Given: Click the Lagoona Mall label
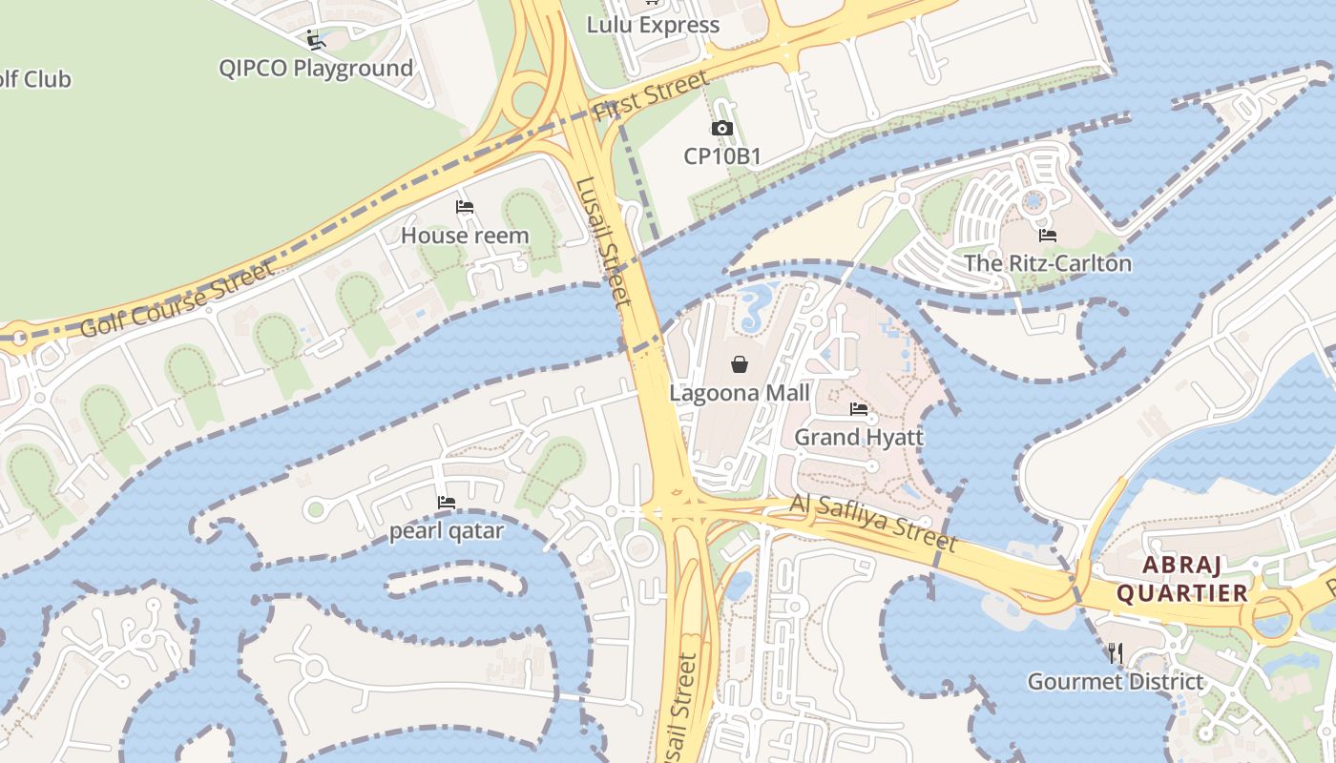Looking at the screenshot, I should click(739, 393).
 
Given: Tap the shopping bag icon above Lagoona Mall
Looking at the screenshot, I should click(739, 364).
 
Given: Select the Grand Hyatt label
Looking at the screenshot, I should click(859, 438).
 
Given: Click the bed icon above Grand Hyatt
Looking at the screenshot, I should click(859, 409).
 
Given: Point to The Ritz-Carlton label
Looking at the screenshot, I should click(1047, 263).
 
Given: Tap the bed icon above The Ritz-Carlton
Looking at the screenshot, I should click(1047, 235).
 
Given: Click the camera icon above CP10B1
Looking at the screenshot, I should click(722, 128).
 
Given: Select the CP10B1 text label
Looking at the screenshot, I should click(722, 156).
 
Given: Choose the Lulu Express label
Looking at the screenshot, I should click(653, 25).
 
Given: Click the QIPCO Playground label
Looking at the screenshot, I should click(316, 69).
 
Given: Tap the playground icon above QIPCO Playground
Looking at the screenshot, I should click(316, 40).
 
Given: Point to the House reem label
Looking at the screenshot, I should click(465, 236).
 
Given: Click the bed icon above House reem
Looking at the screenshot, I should click(465, 207).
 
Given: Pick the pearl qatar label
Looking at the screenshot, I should click(446, 531).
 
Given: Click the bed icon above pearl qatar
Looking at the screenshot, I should click(446, 503).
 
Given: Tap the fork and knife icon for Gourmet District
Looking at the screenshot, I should click(1115, 653).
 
